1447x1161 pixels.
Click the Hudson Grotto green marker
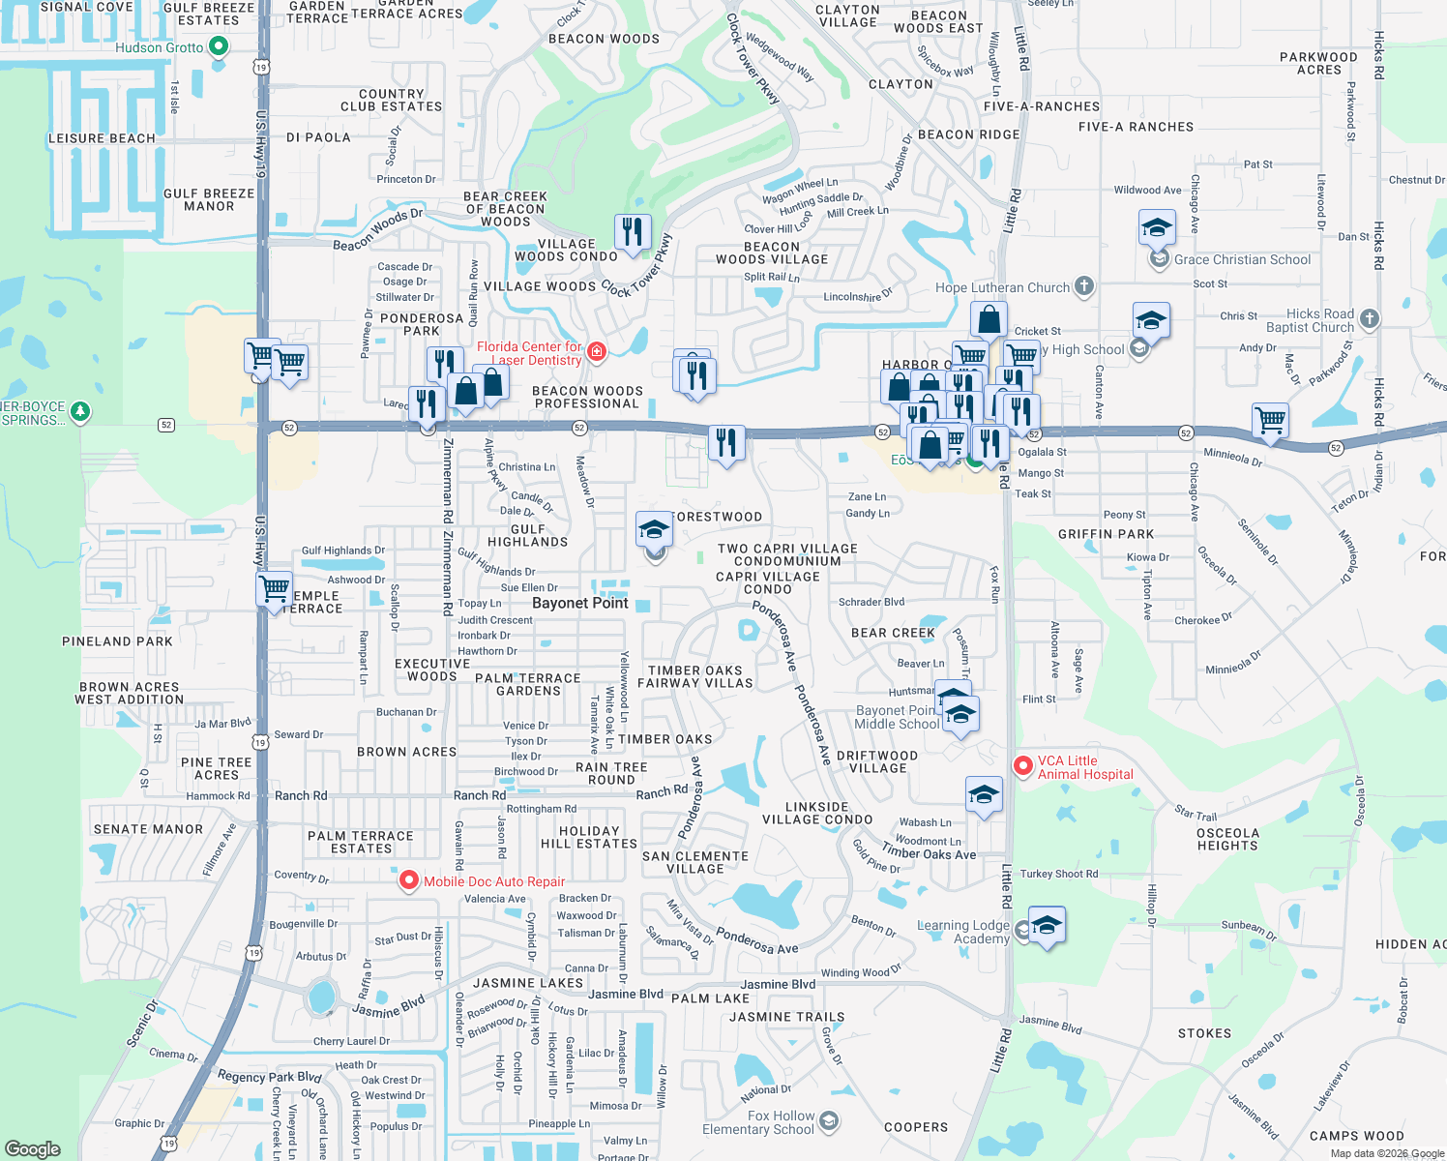coord(219,46)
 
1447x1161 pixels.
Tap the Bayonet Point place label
coord(580,603)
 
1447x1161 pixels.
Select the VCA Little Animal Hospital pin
coord(1022,766)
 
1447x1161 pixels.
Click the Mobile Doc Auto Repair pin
coord(408,880)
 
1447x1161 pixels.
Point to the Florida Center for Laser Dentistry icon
coord(597,351)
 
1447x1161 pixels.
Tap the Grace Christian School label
coord(1242,259)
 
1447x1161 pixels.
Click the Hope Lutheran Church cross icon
coord(1084,285)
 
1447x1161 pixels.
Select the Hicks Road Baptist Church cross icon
coord(1369,318)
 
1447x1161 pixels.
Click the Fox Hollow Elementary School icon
coord(828,1121)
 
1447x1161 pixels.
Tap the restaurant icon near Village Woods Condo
coord(633,232)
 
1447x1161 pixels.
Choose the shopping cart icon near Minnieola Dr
coord(1270,421)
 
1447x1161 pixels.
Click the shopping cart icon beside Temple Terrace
coord(275,587)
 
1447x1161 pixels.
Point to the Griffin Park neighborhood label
coord(1106,534)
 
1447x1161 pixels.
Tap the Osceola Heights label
coord(1227,839)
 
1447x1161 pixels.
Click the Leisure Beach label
coord(102,138)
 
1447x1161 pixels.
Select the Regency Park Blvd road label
coord(269,1076)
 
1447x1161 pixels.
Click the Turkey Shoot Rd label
coord(1059,874)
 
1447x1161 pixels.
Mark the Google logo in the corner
coord(33,1148)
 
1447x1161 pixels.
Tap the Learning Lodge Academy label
coord(962,932)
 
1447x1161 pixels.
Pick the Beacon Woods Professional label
coord(587,398)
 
